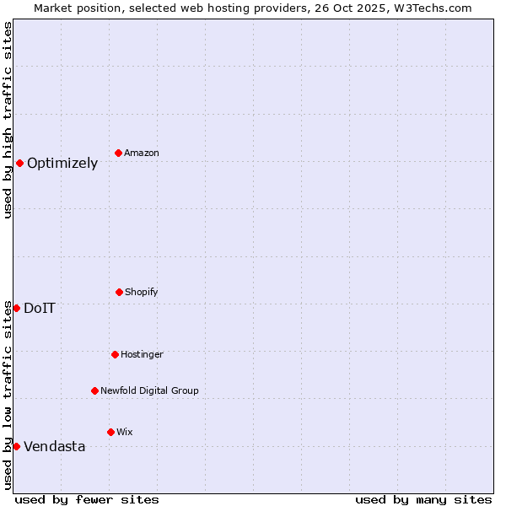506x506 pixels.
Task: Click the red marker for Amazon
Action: (x=119, y=153)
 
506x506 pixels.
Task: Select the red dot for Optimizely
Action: (x=19, y=163)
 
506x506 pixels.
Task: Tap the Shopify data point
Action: (x=119, y=292)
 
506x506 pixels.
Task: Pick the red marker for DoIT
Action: (x=16, y=308)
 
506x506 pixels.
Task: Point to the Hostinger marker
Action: (x=115, y=354)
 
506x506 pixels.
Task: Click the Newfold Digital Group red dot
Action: (x=94, y=390)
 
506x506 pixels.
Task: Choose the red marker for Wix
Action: (x=110, y=432)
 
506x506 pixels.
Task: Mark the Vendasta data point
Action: (x=16, y=446)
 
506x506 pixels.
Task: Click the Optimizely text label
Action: (x=62, y=164)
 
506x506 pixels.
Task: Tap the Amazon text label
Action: (x=142, y=153)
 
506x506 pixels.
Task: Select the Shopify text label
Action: (x=142, y=293)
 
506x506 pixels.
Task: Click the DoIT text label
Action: (x=40, y=309)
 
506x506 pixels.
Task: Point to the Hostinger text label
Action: (x=142, y=355)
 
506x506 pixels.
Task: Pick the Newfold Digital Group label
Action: (x=149, y=391)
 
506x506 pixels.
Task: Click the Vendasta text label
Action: (x=54, y=447)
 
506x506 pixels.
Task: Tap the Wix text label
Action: (x=125, y=433)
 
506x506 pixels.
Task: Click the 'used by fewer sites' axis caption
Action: (x=87, y=499)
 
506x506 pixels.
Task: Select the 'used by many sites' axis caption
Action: (x=423, y=499)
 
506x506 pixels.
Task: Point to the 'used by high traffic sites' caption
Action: (x=8, y=120)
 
